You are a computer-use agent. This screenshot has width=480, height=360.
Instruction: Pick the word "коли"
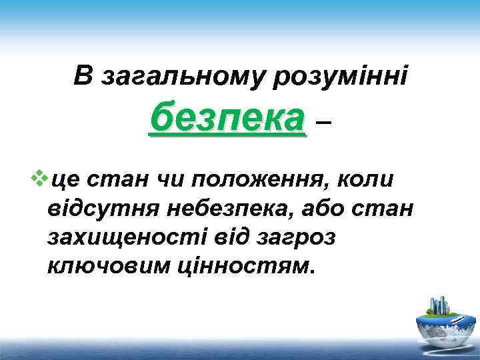click(367, 180)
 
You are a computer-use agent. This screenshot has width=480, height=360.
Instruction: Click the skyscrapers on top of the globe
click(440, 304)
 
